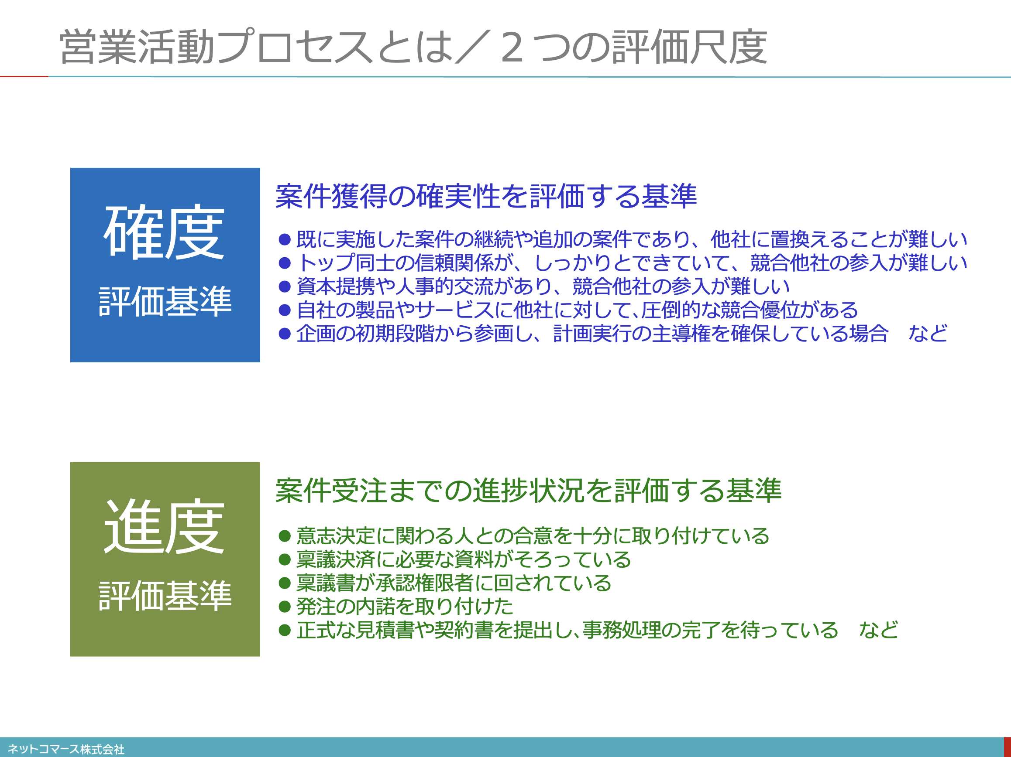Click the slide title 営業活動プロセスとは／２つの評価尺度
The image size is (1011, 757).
tap(413, 47)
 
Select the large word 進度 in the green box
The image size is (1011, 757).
tap(165, 526)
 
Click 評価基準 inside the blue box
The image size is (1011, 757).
tap(165, 301)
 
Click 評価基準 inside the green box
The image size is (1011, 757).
tap(165, 595)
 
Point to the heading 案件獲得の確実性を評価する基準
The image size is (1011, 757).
tap(486, 196)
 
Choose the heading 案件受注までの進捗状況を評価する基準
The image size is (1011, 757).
tap(528, 491)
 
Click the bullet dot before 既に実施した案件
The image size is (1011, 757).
tap(285, 239)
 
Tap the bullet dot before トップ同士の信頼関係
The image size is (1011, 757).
tap(285, 263)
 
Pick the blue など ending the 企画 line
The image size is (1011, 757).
tap(928, 334)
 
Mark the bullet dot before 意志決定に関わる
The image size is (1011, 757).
tap(285, 536)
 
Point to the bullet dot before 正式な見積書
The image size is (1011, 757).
tap(285, 631)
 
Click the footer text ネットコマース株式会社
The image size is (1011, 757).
tap(66, 749)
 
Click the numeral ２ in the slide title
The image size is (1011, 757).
tap(512, 48)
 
